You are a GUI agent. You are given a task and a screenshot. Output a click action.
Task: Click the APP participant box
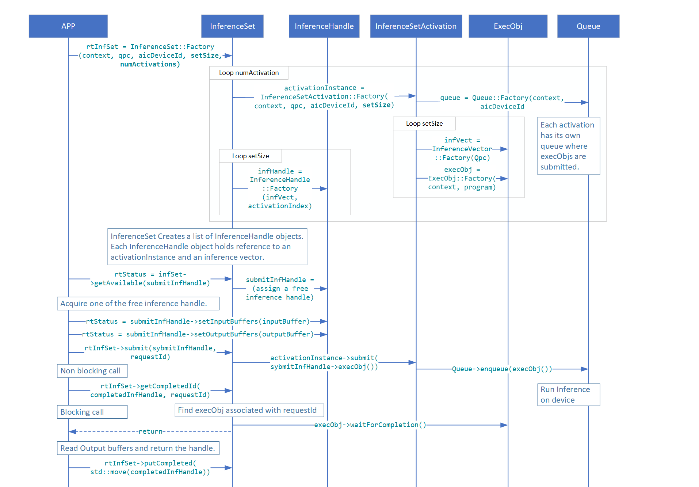(x=68, y=26)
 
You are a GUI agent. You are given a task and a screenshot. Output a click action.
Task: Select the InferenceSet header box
(x=232, y=26)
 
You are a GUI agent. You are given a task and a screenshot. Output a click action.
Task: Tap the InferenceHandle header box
(x=324, y=26)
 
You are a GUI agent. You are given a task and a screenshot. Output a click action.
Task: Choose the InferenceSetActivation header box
(x=416, y=26)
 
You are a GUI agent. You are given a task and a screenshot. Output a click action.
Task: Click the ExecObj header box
(x=508, y=26)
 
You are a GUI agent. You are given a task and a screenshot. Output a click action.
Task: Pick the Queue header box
(x=588, y=26)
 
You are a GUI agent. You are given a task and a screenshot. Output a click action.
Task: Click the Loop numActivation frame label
(x=249, y=73)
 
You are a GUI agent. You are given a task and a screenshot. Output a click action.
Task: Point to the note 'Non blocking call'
(x=92, y=371)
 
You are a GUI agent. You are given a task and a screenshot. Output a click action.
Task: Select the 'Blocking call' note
(x=92, y=412)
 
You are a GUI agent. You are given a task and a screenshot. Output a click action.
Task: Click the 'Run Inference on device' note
(x=568, y=395)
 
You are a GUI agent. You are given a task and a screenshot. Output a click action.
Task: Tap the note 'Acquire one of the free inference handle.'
(x=138, y=304)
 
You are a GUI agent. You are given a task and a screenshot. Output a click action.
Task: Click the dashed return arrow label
(x=150, y=431)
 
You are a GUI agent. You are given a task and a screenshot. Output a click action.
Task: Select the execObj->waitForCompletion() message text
(x=370, y=425)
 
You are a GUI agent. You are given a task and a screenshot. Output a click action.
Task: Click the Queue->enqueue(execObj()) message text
(x=502, y=369)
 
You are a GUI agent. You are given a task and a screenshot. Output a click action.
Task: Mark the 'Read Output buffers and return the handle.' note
(x=138, y=448)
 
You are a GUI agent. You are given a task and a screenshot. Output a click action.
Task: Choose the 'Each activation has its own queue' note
(x=568, y=146)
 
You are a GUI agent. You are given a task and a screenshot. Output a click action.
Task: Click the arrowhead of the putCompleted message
(x=229, y=468)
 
